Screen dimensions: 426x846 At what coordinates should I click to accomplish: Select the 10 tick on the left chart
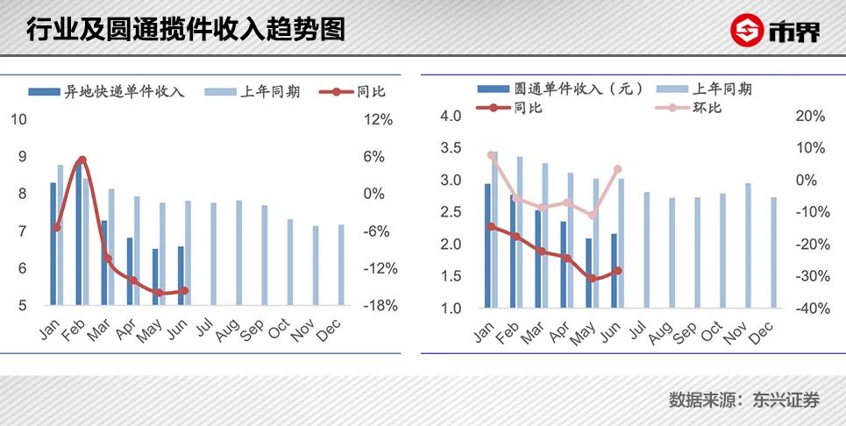tap(18, 119)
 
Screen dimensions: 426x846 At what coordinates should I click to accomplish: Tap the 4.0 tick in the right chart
tap(451, 117)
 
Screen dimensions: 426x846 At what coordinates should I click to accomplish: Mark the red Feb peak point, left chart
tap(82, 160)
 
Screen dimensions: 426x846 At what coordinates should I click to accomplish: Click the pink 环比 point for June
tap(618, 169)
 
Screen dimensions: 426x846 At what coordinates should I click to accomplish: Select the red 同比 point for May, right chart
tap(592, 279)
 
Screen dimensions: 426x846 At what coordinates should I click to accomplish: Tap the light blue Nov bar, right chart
tap(748, 245)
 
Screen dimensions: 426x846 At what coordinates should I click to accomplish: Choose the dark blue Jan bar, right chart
tap(487, 245)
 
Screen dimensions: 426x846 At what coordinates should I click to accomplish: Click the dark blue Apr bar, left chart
tap(130, 271)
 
